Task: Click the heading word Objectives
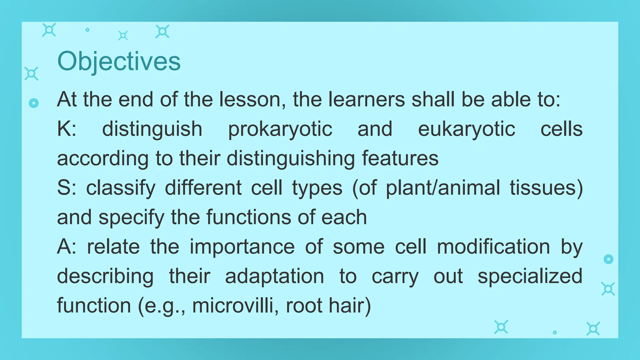(x=119, y=62)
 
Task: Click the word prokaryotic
(x=280, y=129)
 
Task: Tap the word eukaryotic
(x=466, y=129)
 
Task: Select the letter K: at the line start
(x=67, y=129)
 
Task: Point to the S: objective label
(x=67, y=188)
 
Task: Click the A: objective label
(x=67, y=247)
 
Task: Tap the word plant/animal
(x=443, y=188)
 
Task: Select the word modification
(x=493, y=247)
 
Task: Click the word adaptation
(x=274, y=276)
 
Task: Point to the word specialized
(x=530, y=276)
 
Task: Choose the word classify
(x=121, y=188)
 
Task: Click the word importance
(x=242, y=247)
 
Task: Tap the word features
(x=400, y=158)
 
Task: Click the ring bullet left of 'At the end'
(x=33, y=103)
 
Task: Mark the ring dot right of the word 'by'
(x=608, y=259)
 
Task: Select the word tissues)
(x=546, y=188)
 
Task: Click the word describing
(x=105, y=276)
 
